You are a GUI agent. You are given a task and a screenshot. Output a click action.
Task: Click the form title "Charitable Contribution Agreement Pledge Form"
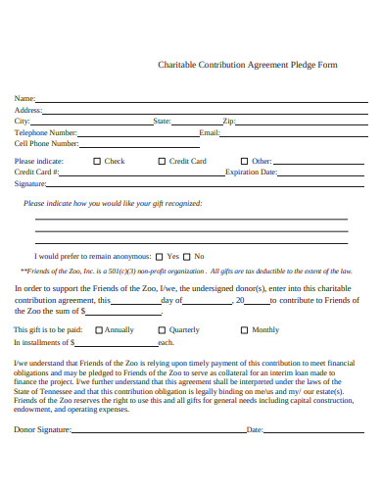[x=248, y=65]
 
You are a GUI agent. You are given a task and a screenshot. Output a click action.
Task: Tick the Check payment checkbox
[x=97, y=161]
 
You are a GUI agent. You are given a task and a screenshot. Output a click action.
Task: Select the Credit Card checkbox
[x=162, y=161]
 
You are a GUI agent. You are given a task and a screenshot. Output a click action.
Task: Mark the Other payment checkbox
[x=244, y=161]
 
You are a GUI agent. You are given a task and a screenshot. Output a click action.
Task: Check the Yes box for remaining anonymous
[x=160, y=256]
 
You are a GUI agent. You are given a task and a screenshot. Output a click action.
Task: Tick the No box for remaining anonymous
[x=187, y=256]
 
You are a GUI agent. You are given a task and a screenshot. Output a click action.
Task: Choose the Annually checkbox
[x=98, y=330]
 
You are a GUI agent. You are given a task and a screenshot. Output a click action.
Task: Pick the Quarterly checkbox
[x=162, y=330]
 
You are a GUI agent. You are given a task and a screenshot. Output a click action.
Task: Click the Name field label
[x=24, y=99]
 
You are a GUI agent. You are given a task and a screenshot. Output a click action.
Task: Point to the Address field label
[x=28, y=110]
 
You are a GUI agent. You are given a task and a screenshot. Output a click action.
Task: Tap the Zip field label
[x=229, y=121]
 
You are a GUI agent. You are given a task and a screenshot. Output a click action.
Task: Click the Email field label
[x=210, y=131]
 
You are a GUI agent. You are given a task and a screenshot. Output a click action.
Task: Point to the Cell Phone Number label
[x=45, y=142]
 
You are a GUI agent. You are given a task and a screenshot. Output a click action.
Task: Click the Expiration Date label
[x=252, y=172]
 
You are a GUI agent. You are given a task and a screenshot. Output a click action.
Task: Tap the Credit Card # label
[x=37, y=172]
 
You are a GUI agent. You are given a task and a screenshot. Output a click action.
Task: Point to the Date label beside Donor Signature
[x=255, y=429]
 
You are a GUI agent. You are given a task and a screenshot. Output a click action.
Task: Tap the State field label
[x=163, y=121]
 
